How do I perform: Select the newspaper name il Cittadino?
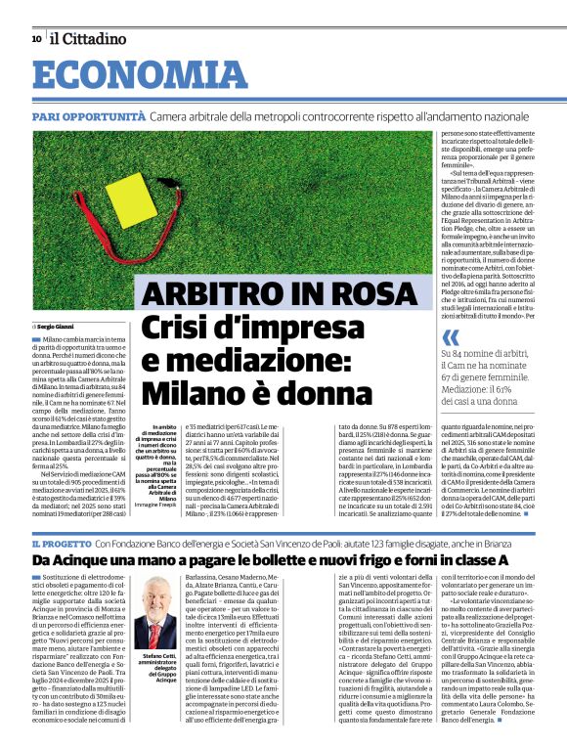click(x=89, y=39)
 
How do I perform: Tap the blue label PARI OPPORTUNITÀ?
click(x=87, y=116)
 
